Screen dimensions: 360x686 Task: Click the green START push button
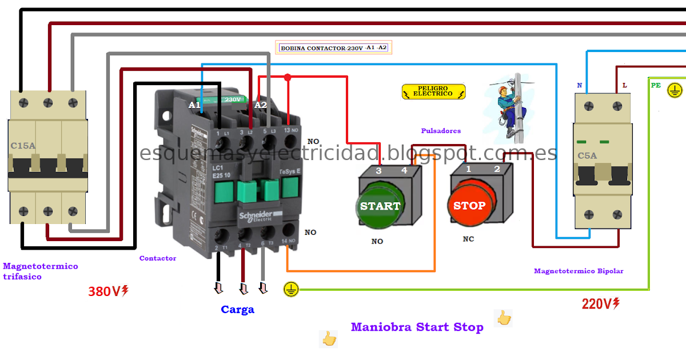point(380,206)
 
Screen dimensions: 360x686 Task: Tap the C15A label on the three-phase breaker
point(23,146)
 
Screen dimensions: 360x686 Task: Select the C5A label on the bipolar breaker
point(587,155)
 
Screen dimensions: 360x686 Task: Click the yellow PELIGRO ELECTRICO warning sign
point(434,91)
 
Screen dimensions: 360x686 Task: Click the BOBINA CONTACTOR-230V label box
point(334,48)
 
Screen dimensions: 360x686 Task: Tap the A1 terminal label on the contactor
point(194,105)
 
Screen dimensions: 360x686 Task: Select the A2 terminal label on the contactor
point(261,105)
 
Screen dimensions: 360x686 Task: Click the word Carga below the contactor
point(237,310)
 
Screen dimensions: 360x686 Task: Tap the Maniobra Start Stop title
point(417,327)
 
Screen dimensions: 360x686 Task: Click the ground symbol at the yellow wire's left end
point(291,289)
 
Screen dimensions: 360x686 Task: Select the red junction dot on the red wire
point(288,77)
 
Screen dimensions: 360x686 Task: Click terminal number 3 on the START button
point(378,170)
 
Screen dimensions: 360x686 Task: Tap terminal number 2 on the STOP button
point(497,169)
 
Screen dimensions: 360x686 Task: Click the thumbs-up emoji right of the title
point(503,318)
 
